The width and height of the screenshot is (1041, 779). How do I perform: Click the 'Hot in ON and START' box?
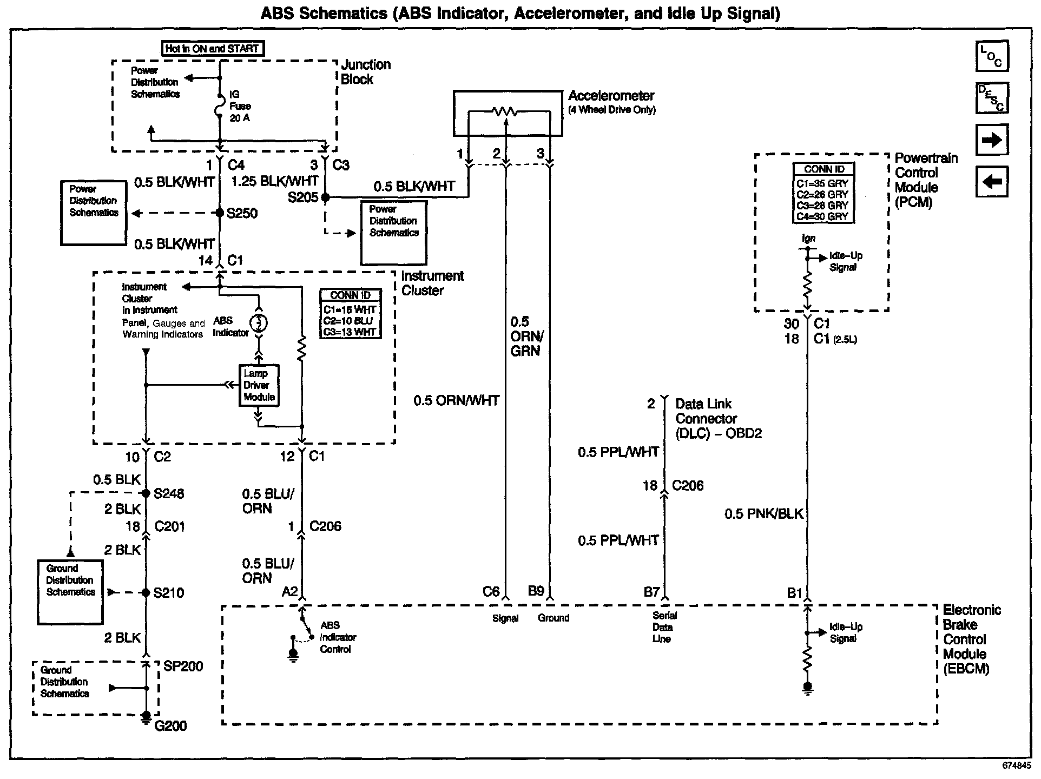213,49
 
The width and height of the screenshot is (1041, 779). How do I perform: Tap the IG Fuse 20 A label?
240,106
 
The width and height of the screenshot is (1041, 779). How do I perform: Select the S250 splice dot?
220,213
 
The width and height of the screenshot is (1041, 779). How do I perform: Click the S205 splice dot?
325,197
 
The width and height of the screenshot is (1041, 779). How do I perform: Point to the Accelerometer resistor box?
508,113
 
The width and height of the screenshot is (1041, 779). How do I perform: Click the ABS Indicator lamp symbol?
259,322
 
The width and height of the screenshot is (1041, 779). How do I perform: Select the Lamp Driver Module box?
259,385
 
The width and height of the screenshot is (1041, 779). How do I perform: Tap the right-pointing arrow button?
992,141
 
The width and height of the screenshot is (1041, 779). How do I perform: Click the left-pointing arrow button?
992,182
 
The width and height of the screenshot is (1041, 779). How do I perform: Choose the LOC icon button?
992,56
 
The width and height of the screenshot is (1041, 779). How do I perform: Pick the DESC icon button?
992,98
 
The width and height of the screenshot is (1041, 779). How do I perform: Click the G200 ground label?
171,726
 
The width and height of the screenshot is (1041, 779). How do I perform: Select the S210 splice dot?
146,593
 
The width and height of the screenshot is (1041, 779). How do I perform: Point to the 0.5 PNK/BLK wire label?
764,514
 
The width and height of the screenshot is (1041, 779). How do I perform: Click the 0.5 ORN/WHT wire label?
456,401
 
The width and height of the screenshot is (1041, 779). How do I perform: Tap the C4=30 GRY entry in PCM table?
822,216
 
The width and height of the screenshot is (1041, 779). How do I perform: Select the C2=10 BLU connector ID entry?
349,321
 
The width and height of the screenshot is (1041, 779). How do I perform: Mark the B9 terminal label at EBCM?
536,591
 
